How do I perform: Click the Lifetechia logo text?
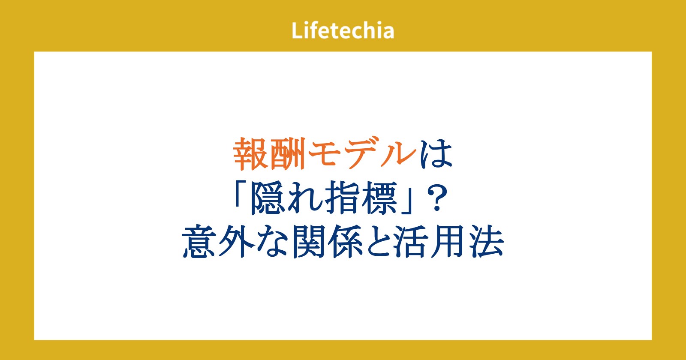click(x=343, y=30)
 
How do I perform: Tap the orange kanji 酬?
click(x=288, y=154)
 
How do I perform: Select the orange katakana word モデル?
click(x=362, y=153)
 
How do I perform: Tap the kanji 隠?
click(x=268, y=198)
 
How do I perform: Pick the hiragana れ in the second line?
click(x=305, y=198)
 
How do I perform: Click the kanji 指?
click(x=343, y=198)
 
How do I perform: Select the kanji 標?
click(x=380, y=198)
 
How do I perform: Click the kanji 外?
click(x=237, y=242)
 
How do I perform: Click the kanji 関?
click(x=310, y=242)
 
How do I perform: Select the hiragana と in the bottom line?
click(x=380, y=242)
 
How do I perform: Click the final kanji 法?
click(x=486, y=242)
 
